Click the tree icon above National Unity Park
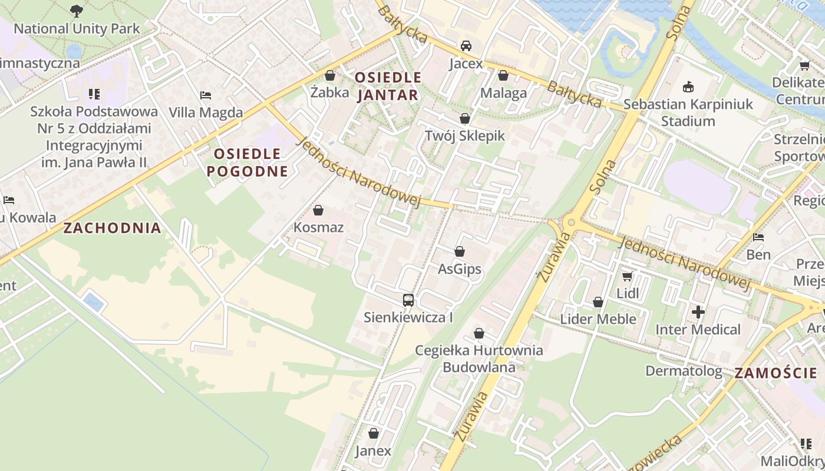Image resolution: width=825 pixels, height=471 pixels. click(77, 11)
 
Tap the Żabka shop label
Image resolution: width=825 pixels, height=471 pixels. click(330, 92)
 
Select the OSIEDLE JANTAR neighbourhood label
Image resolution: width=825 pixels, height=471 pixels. click(388, 86)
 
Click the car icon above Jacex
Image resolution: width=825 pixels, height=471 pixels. click(466, 46)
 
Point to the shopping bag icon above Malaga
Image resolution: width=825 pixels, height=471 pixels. click(503, 75)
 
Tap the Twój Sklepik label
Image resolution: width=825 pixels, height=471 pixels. click(465, 136)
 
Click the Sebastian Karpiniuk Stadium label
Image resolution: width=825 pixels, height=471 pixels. click(688, 112)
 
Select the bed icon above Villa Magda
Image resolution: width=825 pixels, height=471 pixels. click(205, 95)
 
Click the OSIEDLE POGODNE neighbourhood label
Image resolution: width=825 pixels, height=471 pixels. click(247, 162)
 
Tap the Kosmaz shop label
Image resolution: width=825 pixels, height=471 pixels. click(318, 227)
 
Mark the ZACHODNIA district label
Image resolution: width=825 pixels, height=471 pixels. click(112, 228)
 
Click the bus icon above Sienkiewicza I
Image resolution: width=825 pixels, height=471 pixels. click(408, 300)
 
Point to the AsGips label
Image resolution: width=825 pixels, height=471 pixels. click(459, 270)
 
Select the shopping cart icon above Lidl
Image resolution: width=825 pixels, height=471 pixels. click(627, 276)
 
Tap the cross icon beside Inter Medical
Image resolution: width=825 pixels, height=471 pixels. click(698, 312)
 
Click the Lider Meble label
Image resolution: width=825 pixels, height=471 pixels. click(598, 319)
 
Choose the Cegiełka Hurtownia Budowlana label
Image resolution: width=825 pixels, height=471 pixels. click(478, 359)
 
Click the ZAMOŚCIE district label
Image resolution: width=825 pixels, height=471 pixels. click(775, 373)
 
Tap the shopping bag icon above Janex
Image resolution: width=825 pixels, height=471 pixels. click(373, 434)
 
